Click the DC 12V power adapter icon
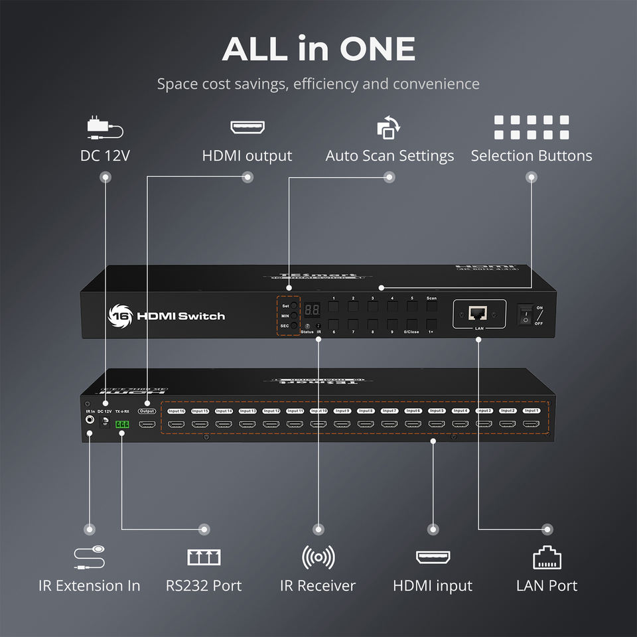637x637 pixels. pos(105,128)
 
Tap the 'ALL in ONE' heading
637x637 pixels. pos(318,49)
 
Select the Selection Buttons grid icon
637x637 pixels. pos(531,127)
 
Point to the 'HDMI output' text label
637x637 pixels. pos(247,156)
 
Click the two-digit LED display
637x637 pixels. pos(312,309)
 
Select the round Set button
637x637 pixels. pos(294,306)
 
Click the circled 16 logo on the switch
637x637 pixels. pos(120,315)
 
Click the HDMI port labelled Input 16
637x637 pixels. pos(176,423)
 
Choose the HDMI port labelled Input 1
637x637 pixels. pos(530,423)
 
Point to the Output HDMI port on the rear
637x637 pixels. pos(147,423)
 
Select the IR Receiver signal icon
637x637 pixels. pos(318,558)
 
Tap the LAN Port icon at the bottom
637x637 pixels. pos(547,559)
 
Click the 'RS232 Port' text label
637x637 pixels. pos(204,586)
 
